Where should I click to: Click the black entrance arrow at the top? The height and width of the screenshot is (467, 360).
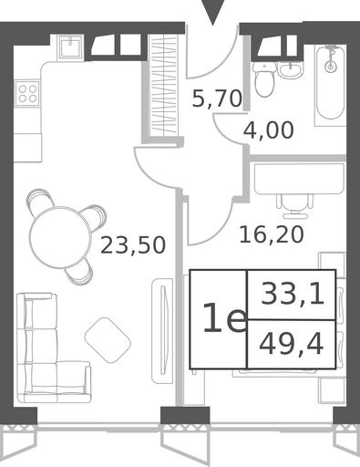(x=213, y=11)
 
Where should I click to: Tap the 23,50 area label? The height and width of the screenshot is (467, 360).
(x=133, y=245)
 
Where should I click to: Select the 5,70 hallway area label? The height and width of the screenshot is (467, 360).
(x=217, y=99)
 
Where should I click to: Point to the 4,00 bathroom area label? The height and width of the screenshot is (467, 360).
(x=269, y=130)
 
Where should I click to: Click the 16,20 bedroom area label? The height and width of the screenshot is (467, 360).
(x=272, y=234)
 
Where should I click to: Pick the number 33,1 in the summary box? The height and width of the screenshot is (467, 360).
(x=293, y=295)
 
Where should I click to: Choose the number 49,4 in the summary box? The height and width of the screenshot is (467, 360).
(x=291, y=345)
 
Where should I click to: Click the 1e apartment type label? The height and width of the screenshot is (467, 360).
(x=225, y=318)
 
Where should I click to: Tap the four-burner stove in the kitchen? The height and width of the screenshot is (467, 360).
(x=27, y=93)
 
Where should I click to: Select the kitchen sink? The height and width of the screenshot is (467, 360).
(x=70, y=47)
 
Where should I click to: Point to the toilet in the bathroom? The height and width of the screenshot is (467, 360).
(x=264, y=79)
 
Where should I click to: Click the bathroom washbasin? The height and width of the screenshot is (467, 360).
(x=291, y=70)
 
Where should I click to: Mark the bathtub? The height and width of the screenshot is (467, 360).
(x=330, y=85)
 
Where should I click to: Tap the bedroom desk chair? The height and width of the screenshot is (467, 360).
(x=294, y=206)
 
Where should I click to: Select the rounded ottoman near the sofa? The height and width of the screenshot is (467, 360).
(x=108, y=340)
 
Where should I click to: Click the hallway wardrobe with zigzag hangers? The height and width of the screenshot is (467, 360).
(x=164, y=84)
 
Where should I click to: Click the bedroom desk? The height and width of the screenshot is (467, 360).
(x=299, y=179)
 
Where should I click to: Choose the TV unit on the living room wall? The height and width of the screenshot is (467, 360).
(x=162, y=331)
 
